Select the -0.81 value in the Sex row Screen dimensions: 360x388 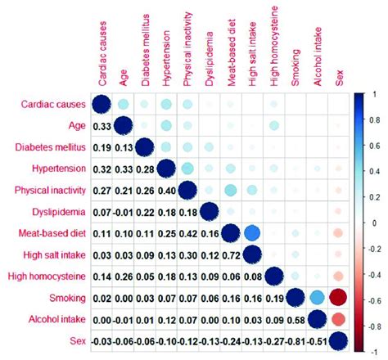[x=294, y=340]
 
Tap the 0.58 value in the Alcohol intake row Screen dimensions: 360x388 [x=294, y=319]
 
